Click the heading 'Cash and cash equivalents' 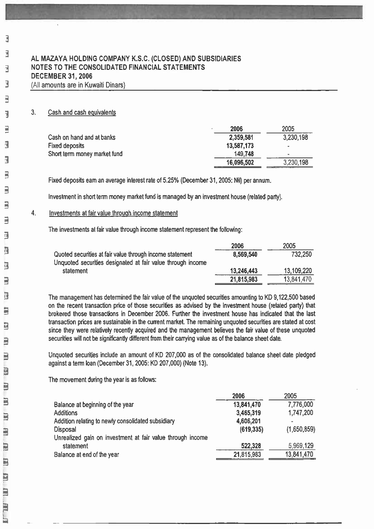tap(82, 113)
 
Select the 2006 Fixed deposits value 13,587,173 tap(240, 146)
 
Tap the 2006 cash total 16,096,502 tap(240, 163)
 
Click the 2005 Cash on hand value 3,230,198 tap(295, 137)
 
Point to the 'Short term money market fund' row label tap(85, 154)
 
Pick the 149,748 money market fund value tap(244, 154)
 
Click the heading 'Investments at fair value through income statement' tap(113, 213)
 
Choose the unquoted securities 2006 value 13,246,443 tap(243, 271)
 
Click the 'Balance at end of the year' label tap(86, 455)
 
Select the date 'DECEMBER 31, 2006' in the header tap(61, 76)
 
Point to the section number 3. tap(33, 112)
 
